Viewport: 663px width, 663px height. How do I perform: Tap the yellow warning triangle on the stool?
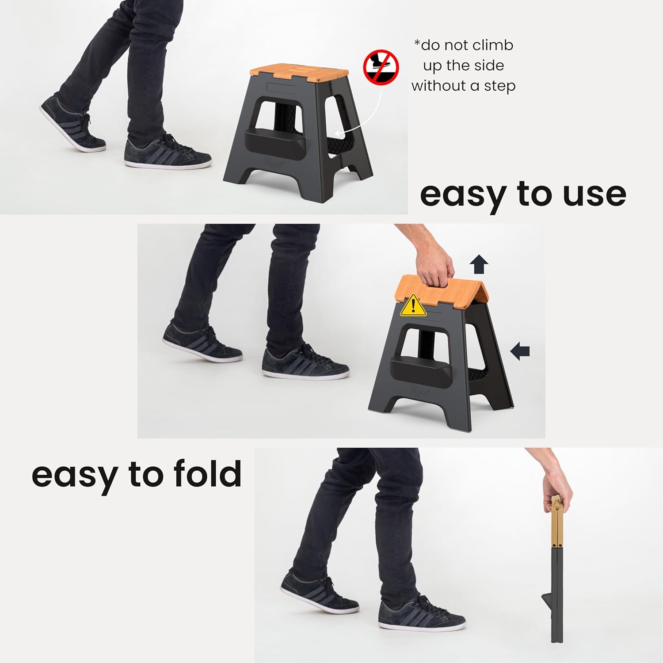[x=413, y=306]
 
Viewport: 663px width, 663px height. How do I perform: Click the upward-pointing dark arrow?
[x=479, y=265]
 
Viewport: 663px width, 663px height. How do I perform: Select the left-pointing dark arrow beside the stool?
[x=520, y=351]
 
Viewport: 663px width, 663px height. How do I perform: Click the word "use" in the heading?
[x=594, y=194]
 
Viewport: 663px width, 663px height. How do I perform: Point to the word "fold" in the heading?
[x=207, y=474]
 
